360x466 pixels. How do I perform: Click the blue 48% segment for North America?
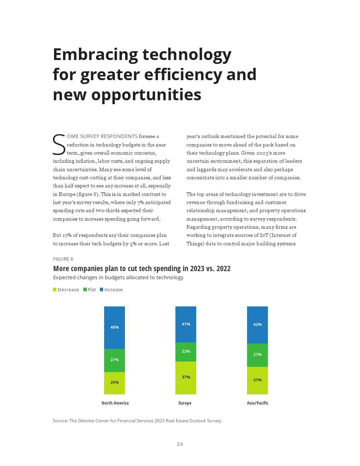[x=114, y=327]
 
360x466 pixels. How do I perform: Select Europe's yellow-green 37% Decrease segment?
[x=186, y=377]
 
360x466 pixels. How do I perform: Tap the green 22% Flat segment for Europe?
[x=186, y=352]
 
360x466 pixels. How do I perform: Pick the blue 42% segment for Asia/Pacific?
[x=257, y=324]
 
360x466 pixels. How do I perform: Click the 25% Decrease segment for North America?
[x=114, y=383]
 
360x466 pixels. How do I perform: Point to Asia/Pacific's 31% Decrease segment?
[x=257, y=380]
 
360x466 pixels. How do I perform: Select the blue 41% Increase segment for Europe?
[x=186, y=324]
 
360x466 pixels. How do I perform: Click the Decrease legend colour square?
[x=55, y=289]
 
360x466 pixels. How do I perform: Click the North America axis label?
[x=115, y=403]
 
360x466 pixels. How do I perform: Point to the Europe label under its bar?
[x=185, y=403]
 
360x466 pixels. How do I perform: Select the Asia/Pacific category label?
[x=258, y=403]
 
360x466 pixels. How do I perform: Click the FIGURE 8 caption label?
[x=63, y=259]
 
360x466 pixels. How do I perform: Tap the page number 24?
[x=180, y=444]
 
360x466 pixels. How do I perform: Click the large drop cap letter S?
[x=59, y=145]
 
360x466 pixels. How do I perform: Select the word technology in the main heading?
[x=187, y=55]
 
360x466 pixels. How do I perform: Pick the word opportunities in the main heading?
[x=146, y=95]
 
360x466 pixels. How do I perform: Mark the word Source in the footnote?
[x=60, y=420]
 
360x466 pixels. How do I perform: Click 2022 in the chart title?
[x=223, y=269]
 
